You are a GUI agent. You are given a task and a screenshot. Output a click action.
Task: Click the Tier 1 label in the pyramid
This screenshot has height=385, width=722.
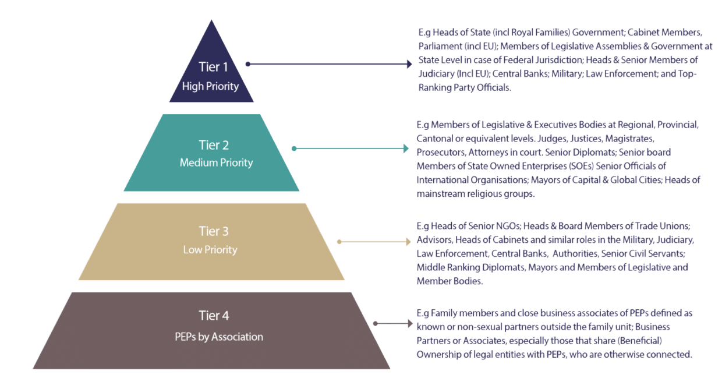click(210, 67)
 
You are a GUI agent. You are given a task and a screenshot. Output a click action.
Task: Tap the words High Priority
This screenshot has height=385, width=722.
click(210, 86)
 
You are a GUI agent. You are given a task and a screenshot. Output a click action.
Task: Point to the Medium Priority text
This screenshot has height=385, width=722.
click(216, 163)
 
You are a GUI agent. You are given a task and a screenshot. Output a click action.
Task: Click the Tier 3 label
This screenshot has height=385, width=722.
click(213, 232)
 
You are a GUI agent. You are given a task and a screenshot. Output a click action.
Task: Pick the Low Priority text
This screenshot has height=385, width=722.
click(210, 250)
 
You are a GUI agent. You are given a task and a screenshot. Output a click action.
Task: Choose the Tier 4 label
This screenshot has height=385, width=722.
click(214, 316)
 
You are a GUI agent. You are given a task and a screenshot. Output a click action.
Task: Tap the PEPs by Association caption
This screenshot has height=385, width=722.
click(219, 337)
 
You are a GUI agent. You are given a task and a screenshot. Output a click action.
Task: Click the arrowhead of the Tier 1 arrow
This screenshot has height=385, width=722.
click(409, 64)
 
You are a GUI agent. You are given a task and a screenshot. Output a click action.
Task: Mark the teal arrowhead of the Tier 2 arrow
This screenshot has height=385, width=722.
click(406, 149)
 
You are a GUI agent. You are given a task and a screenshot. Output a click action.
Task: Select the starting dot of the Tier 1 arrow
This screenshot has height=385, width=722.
click(248, 64)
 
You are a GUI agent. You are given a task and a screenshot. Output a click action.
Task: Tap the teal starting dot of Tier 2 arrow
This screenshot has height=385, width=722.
click(294, 149)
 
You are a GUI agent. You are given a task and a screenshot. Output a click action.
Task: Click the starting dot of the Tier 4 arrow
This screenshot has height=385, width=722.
click(375, 324)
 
